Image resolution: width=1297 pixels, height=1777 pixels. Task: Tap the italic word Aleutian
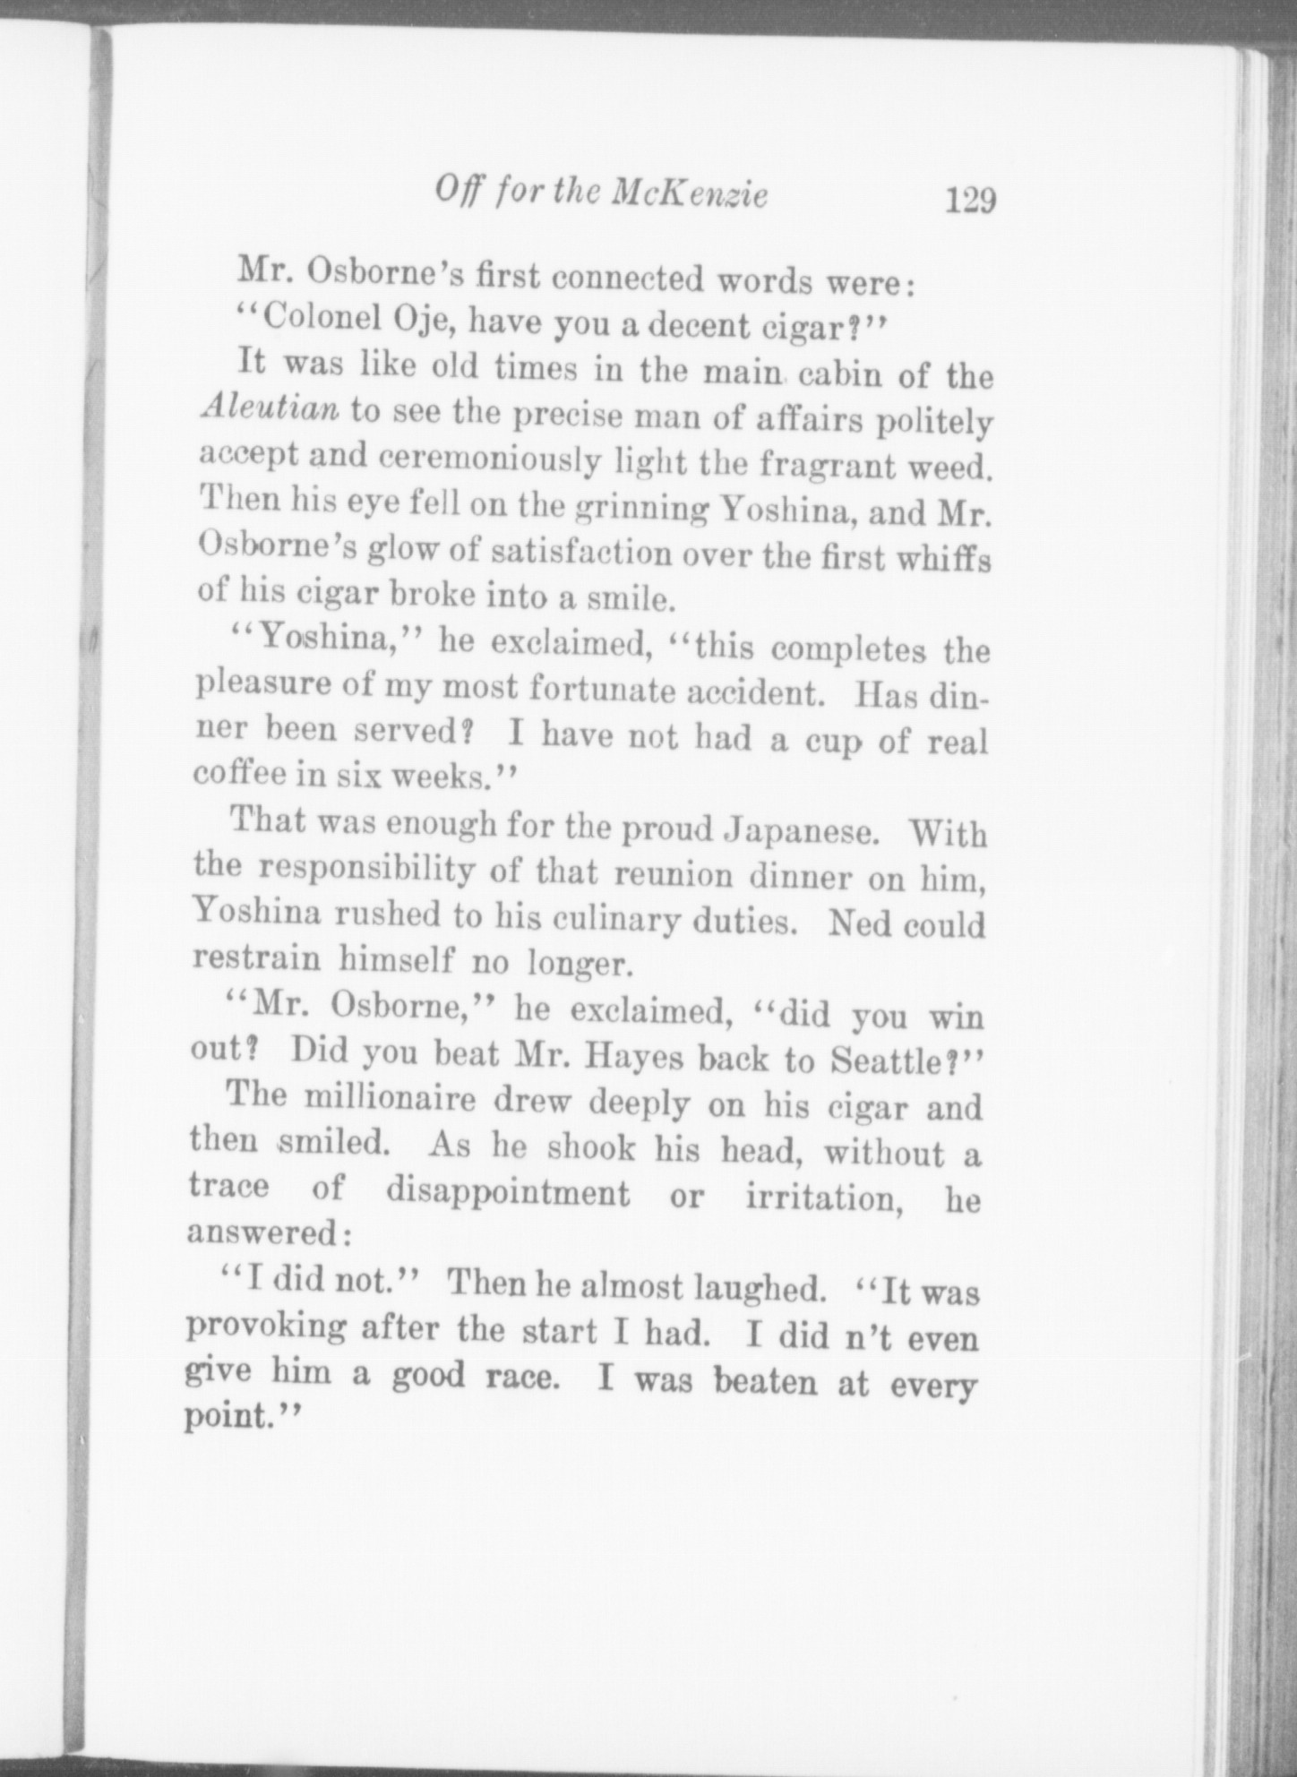[x=270, y=409]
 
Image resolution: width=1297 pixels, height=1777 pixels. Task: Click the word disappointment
[x=508, y=1192]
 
